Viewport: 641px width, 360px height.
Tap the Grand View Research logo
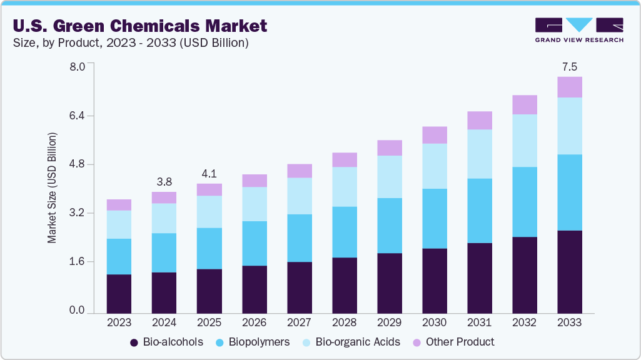578,30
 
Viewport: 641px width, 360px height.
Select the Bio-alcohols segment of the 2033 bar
570,271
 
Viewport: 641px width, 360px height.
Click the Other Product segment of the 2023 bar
119,205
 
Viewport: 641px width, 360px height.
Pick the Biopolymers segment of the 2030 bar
435,218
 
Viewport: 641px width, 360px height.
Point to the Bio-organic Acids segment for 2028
345,187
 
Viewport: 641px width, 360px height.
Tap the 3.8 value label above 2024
164,182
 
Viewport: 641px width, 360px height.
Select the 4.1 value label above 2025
209,174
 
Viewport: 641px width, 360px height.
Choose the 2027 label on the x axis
299,323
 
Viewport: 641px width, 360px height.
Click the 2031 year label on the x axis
480,323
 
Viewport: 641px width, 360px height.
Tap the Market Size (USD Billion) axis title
53,188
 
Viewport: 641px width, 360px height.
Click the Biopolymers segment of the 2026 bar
254,243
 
